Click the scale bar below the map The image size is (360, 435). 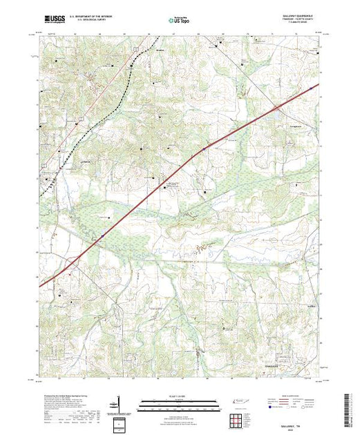tap(180, 403)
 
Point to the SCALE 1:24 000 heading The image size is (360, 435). tap(180, 396)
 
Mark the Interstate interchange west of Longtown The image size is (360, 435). tap(277, 108)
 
